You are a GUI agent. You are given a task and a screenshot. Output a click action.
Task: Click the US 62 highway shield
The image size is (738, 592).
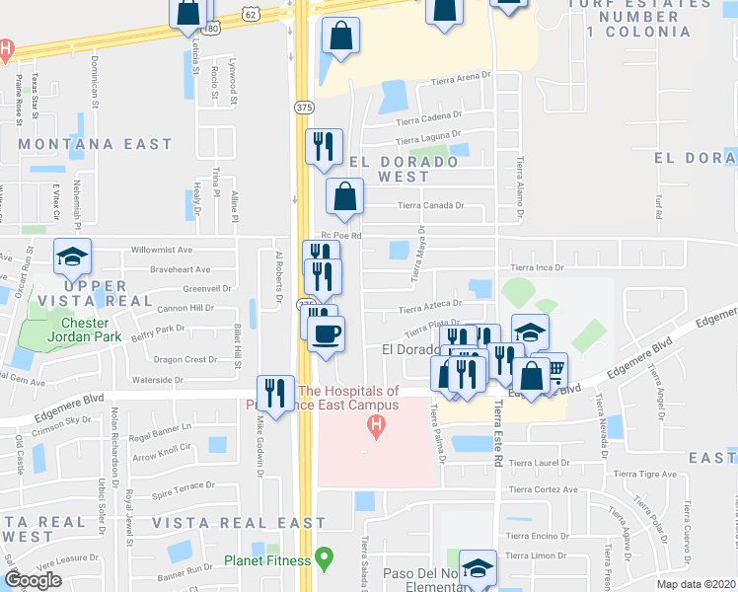(251, 13)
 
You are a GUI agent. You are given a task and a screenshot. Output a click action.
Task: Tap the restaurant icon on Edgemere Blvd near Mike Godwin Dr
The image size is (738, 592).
(275, 392)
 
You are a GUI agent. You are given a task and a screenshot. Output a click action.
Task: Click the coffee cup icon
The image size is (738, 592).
(326, 333)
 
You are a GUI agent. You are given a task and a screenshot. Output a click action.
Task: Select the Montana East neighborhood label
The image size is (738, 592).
(96, 144)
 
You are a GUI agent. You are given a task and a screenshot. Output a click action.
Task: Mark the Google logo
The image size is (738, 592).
(33, 579)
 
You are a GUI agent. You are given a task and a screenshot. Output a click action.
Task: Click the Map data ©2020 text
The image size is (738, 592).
(697, 584)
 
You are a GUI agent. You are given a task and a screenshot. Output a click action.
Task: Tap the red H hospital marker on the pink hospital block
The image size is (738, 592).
(375, 426)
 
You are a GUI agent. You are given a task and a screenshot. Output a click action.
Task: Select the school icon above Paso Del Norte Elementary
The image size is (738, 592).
(477, 569)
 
